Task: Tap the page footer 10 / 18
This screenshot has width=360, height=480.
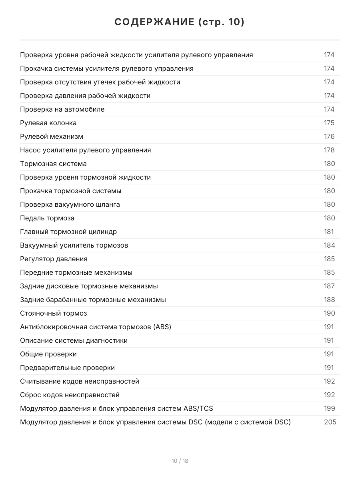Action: click(180, 461)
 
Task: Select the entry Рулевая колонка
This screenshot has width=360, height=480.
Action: click(48, 123)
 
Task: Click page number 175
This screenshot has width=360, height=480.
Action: click(329, 123)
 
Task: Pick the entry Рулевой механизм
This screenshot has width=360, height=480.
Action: click(52, 136)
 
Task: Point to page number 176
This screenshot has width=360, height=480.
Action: click(329, 136)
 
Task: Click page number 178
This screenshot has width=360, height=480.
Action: click(329, 150)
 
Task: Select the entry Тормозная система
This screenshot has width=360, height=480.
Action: click(53, 164)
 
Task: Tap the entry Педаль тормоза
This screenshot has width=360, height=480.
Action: click(47, 218)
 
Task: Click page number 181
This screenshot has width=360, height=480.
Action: click(329, 232)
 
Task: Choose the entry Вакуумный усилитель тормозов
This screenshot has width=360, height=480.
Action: click(74, 245)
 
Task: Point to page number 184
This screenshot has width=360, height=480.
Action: click(329, 245)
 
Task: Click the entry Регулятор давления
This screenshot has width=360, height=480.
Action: click(54, 259)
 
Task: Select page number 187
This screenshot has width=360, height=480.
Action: click(329, 286)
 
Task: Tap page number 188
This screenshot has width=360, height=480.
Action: click(329, 300)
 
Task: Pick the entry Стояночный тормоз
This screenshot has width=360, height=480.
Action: click(53, 313)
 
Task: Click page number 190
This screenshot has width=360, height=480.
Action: click(329, 313)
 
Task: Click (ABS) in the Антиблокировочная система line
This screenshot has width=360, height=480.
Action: click(162, 327)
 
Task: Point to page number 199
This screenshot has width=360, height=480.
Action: click(329, 408)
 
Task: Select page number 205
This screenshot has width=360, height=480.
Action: click(330, 422)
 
